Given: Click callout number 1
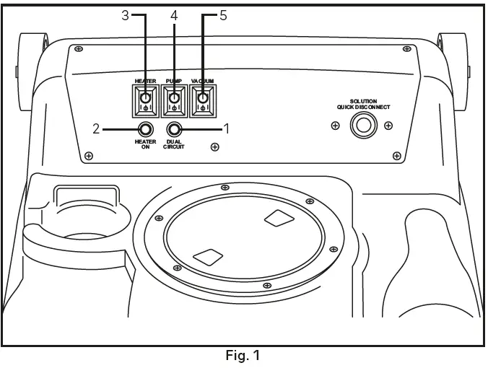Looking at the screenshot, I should point(226,129).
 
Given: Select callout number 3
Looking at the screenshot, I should point(124,15).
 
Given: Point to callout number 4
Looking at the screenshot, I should point(173,15).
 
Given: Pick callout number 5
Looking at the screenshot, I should point(222,15).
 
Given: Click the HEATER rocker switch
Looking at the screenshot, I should point(145,100).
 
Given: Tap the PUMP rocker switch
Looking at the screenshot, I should point(174,100).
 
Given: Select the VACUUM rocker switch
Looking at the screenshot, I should point(203,100).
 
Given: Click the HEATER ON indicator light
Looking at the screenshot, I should point(145,129).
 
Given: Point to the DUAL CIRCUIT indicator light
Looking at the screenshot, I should point(174,129).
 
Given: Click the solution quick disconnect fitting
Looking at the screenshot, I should point(362,126).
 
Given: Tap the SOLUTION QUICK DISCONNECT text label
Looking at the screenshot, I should point(363,104).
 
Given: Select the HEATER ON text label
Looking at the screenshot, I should point(145,144).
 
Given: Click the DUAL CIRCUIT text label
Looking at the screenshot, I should point(174,144).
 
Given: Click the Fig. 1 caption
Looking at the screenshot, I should point(243,356).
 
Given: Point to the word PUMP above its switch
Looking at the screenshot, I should point(174,82).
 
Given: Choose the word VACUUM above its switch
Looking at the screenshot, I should point(203,82).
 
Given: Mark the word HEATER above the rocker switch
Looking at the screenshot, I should point(145,82).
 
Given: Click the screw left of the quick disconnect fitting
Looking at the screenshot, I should point(335,126).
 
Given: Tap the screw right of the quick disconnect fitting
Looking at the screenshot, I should point(388,126).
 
